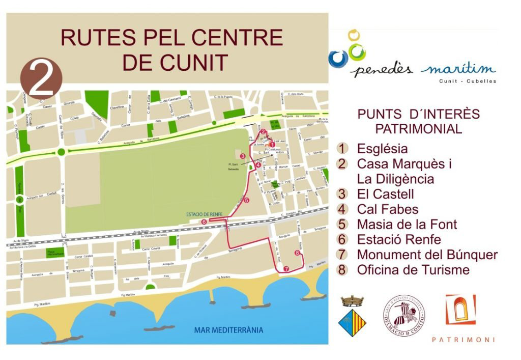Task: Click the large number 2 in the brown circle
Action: pyautogui.click(x=41, y=78)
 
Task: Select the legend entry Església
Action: pyautogui.click(x=382, y=149)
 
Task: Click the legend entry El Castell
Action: pyautogui.click(x=385, y=194)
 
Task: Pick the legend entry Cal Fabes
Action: pyautogui.click(x=387, y=209)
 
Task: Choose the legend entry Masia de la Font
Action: pyautogui.click(x=407, y=225)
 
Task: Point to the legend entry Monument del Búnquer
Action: pyautogui.click(x=427, y=255)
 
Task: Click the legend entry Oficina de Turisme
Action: pyautogui.click(x=413, y=270)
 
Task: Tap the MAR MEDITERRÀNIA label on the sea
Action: pyautogui.click(x=228, y=330)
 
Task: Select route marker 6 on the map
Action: pyautogui.click(x=204, y=222)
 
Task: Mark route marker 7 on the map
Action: pyautogui.click(x=286, y=268)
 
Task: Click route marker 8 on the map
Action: pyautogui.click(x=297, y=253)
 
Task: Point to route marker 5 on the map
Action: pyautogui.click(x=247, y=201)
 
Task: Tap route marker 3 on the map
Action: pyautogui.click(x=243, y=156)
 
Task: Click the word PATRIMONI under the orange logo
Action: pyautogui.click(x=462, y=340)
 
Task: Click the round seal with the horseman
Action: pyautogui.click(x=404, y=316)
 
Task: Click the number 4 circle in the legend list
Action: pyautogui.click(x=343, y=209)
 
